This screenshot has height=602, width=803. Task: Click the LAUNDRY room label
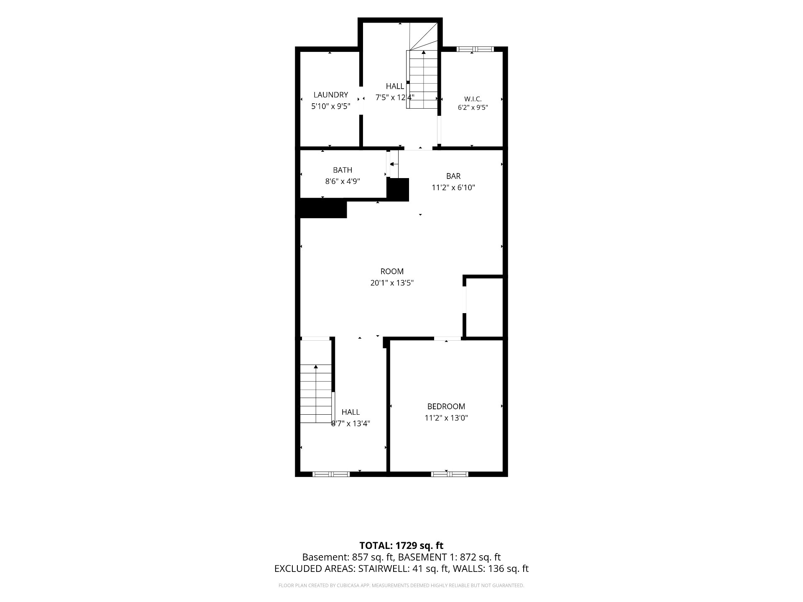click(x=330, y=95)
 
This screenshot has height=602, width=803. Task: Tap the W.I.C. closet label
click(x=473, y=99)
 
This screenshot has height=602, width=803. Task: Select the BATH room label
click(x=343, y=170)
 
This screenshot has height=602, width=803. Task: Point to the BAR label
click(x=453, y=176)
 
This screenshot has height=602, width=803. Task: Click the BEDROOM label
click(x=446, y=406)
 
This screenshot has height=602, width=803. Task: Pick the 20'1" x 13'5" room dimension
click(x=392, y=283)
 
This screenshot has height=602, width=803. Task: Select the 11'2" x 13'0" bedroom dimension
click(x=446, y=418)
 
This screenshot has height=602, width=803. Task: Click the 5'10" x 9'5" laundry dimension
click(x=330, y=106)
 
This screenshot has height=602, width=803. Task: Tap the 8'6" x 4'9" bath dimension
click(x=343, y=181)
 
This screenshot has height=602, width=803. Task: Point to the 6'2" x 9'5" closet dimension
click(x=473, y=107)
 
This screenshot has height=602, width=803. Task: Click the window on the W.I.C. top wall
click(x=475, y=49)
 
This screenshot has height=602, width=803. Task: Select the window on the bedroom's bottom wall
click(x=450, y=474)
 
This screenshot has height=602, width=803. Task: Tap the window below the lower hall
click(x=331, y=474)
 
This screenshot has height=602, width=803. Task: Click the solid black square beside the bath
click(x=397, y=190)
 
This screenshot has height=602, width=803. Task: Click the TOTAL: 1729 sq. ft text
click(x=401, y=546)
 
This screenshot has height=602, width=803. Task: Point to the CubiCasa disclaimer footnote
click(x=401, y=586)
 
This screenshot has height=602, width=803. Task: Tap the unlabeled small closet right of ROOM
click(x=484, y=306)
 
